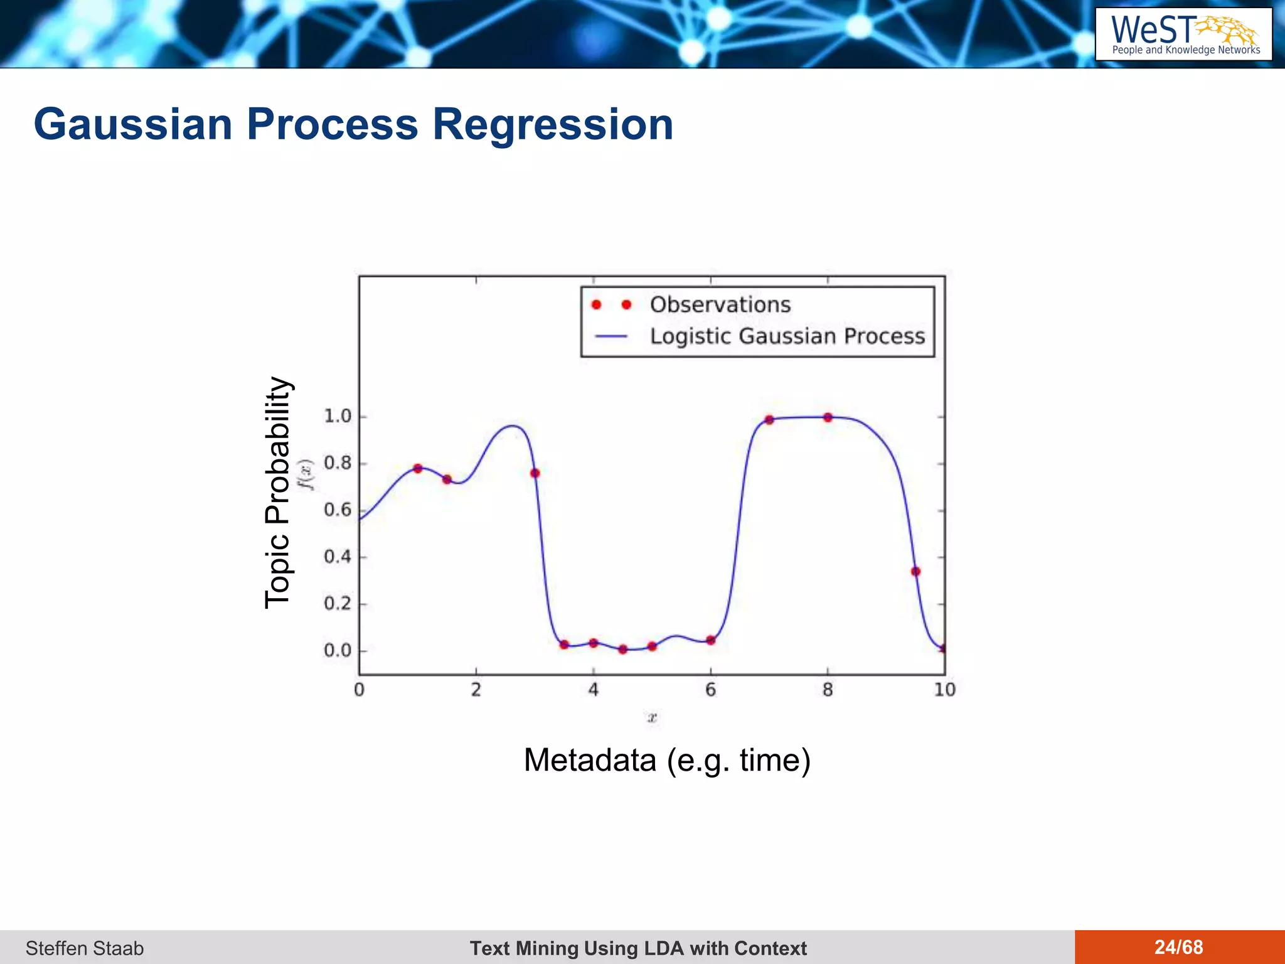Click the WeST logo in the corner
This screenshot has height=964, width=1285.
point(1183,34)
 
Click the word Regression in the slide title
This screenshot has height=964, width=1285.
point(553,124)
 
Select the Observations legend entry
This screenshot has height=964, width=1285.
point(720,304)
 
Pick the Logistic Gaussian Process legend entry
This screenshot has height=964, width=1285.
point(787,336)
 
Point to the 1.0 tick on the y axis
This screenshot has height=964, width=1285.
point(338,416)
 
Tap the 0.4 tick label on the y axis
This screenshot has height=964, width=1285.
point(338,557)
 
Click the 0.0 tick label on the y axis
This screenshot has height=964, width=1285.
point(338,650)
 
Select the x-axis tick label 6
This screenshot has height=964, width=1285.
point(710,690)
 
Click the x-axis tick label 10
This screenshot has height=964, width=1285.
point(944,690)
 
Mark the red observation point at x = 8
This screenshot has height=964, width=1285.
point(828,417)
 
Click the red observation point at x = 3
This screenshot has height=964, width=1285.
point(535,473)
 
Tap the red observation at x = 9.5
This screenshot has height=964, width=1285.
point(915,571)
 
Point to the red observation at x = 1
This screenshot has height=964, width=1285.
point(418,468)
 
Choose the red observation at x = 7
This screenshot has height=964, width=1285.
point(769,420)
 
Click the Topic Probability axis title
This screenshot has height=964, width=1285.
point(277,493)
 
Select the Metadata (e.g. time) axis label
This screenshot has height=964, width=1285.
point(667,760)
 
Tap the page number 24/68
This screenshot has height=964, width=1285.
point(1178,947)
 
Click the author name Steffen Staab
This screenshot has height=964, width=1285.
point(85,948)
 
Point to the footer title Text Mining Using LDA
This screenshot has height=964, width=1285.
point(638,948)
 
